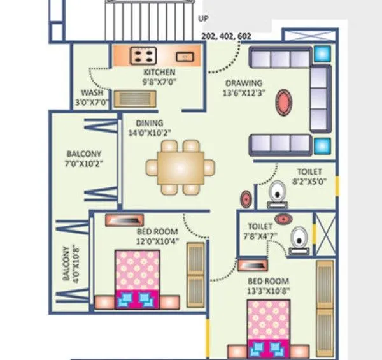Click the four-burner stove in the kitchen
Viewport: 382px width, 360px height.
(x=141, y=56)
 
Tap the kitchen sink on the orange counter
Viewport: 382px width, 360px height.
(x=184, y=56)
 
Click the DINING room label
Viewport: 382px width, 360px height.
(x=150, y=123)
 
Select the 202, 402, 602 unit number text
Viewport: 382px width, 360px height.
(x=225, y=37)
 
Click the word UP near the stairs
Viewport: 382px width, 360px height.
(x=204, y=18)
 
